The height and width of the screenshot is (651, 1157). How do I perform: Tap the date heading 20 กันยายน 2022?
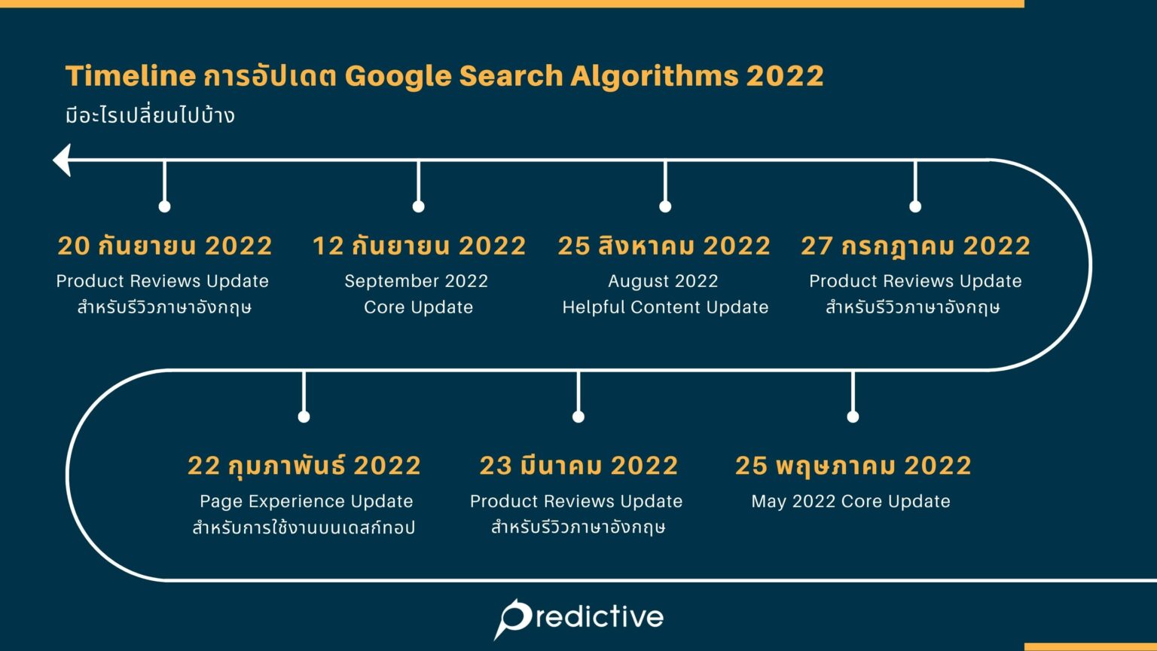tap(165, 246)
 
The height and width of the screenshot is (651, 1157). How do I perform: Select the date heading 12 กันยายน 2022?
tap(419, 246)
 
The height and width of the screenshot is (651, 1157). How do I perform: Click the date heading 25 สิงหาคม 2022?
tap(664, 246)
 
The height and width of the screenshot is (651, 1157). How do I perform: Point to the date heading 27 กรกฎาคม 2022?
tap(915, 246)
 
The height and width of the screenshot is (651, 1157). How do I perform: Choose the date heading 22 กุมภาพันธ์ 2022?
tap(304, 466)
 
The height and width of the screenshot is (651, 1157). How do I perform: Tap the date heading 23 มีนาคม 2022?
tap(578, 466)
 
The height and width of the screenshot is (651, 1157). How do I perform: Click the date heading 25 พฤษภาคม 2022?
tap(853, 466)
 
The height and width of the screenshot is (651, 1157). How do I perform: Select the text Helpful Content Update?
tap(665, 307)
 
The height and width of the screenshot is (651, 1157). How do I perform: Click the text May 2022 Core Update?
tap(850, 501)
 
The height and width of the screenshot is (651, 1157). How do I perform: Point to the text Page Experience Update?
tap(306, 501)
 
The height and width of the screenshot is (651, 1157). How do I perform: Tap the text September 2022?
tap(416, 281)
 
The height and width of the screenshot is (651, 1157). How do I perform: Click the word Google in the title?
tap(397, 76)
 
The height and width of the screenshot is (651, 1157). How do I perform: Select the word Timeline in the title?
tap(130, 76)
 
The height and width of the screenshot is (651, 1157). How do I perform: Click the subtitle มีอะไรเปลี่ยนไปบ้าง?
tap(150, 116)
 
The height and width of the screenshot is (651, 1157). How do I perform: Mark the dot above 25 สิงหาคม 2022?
tap(665, 206)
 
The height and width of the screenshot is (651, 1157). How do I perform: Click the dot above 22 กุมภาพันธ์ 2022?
tap(304, 417)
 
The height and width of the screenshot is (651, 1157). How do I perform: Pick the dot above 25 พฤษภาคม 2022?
tap(853, 417)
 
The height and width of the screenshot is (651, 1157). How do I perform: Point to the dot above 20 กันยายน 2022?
tap(164, 206)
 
